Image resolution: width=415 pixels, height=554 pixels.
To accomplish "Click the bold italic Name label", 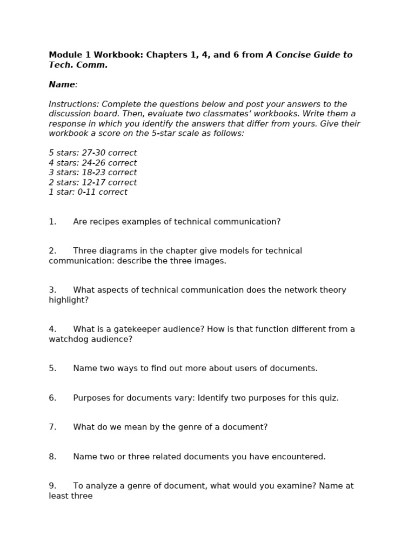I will click(x=62, y=85).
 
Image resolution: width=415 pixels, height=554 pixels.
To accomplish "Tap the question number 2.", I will click(x=52, y=251).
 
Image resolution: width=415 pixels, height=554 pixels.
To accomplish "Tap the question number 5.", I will click(x=52, y=368).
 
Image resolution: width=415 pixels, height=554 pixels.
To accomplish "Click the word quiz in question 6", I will click(x=327, y=398).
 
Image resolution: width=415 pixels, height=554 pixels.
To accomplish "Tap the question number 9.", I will click(x=52, y=486).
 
